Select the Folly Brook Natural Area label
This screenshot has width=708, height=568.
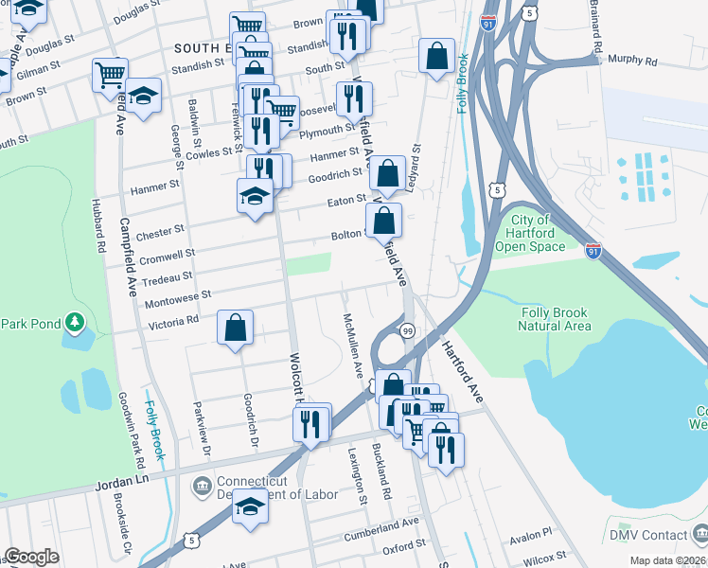point(555,319)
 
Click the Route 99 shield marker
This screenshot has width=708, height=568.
point(407,330)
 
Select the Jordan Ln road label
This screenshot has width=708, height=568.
point(123,483)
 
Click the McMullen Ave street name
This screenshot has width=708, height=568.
point(353,346)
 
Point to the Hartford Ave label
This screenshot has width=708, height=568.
point(462,368)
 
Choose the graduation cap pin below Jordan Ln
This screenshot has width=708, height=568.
point(251,506)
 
